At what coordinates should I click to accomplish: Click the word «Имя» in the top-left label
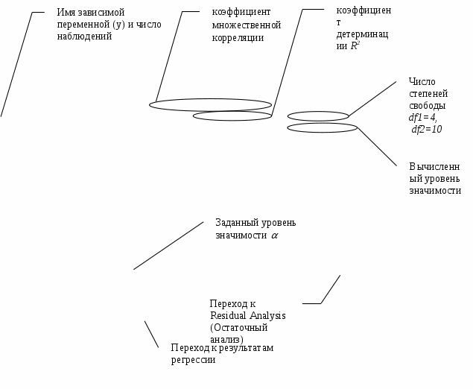tap(66, 13)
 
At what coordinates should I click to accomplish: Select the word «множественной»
tap(247, 25)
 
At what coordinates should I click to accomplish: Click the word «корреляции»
tap(238, 37)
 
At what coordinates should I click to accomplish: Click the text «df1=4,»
tap(423, 118)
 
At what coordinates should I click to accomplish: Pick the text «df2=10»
tap(427, 130)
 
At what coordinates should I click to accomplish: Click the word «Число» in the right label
tap(422, 82)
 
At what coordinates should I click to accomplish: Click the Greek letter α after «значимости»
tap(273, 235)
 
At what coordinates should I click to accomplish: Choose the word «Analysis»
tap(267, 315)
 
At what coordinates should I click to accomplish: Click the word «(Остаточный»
tap(238, 327)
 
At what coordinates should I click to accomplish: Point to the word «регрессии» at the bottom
tap(193, 360)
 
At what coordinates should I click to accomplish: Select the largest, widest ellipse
tap(210, 105)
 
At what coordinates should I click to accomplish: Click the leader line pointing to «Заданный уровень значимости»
tap(168, 245)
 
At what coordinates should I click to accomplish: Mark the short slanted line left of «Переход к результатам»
tap(151, 334)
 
